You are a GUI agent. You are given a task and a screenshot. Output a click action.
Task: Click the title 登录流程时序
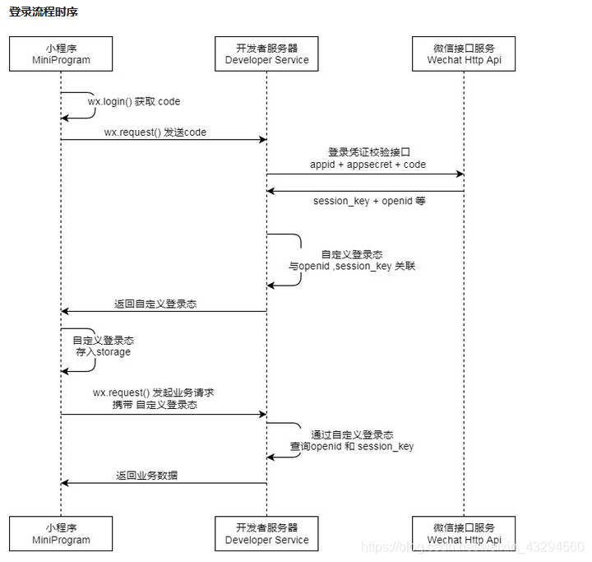44,13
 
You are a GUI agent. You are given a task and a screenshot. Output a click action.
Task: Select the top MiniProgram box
61,53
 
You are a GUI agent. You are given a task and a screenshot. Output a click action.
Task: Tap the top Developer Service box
266,53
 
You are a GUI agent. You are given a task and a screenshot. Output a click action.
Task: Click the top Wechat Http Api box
465,53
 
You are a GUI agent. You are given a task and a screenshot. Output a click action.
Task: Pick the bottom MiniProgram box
61,533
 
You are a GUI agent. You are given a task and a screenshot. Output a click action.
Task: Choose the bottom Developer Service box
266,533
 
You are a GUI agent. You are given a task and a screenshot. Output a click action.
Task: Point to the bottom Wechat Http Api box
465,533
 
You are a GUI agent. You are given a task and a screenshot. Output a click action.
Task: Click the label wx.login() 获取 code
134,102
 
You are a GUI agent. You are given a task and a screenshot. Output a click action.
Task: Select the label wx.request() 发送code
155,132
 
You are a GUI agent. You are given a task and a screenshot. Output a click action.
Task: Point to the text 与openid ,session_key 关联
352,267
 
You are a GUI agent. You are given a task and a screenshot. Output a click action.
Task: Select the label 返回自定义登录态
155,304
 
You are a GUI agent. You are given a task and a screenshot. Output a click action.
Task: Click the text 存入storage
102,351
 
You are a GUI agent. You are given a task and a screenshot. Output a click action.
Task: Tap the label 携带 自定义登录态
155,405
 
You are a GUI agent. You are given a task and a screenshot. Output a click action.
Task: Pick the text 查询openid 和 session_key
352,447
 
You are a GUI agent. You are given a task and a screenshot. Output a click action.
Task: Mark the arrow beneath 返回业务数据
164,483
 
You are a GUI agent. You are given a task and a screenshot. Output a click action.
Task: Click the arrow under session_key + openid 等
365,191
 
